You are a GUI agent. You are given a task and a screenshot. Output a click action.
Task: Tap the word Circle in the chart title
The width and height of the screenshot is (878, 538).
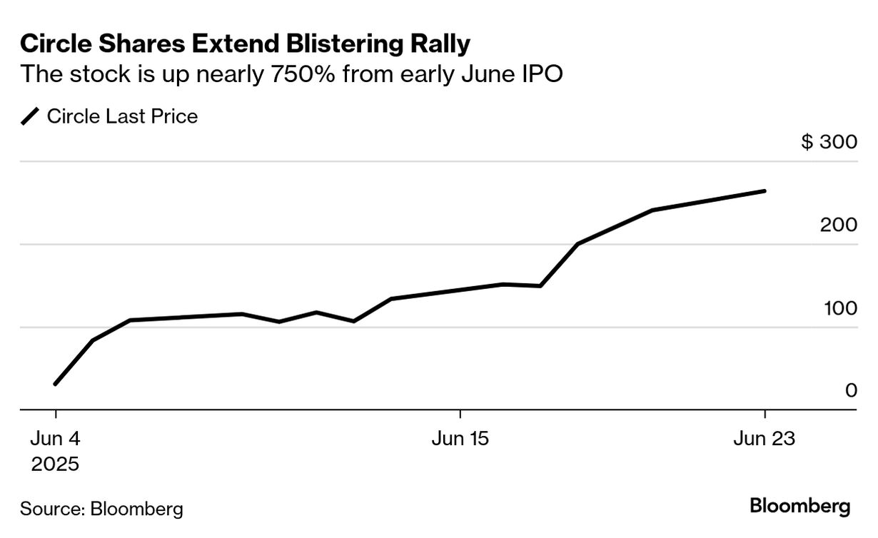click(54, 44)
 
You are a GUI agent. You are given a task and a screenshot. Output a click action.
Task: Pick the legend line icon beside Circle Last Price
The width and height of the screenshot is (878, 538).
click(31, 116)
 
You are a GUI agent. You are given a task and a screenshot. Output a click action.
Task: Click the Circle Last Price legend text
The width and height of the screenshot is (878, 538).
click(122, 116)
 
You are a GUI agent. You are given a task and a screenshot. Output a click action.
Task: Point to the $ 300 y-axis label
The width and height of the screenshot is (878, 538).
click(829, 142)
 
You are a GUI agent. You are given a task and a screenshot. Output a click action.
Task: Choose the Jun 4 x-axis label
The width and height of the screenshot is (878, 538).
click(54, 439)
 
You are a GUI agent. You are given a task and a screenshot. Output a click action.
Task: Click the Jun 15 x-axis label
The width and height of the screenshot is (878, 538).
click(460, 439)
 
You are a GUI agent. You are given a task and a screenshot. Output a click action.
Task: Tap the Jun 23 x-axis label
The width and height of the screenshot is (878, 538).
click(765, 439)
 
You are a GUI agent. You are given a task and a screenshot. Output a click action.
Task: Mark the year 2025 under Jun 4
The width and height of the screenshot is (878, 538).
click(55, 465)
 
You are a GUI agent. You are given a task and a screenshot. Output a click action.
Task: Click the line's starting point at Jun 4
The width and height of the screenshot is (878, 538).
click(55, 385)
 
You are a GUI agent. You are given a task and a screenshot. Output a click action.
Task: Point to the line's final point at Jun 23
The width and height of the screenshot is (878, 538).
click(765, 191)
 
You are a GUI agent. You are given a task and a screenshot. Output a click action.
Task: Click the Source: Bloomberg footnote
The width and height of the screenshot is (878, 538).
click(101, 509)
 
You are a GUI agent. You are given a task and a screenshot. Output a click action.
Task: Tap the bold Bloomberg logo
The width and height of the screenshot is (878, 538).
click(800, 507)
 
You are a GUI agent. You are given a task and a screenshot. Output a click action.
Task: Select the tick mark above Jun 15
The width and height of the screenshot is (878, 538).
click(460, 415)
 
